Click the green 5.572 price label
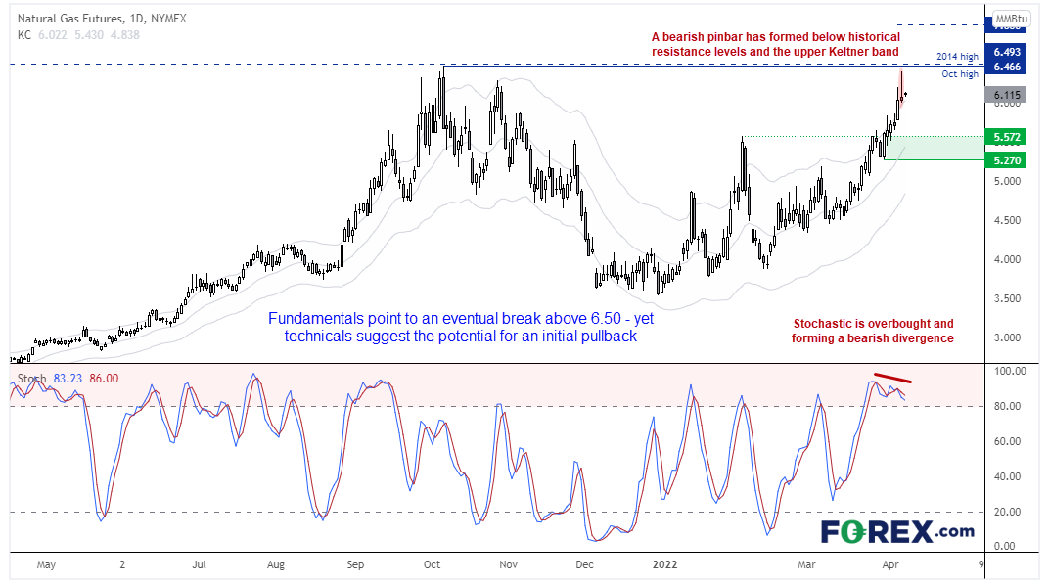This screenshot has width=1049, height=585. click(x=1006, y=136)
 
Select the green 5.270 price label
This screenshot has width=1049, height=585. click(x=1006, y=159)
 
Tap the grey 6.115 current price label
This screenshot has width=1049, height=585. click(x=1006, y=95)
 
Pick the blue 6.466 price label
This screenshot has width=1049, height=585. click(x=1006, y=66)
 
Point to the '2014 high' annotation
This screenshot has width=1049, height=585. click(x=955, y=58)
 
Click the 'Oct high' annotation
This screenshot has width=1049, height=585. click(x=959, y=74)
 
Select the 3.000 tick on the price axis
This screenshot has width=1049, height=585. click(x=1008, y=337)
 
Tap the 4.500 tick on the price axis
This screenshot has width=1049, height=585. click(x=1008, y=220)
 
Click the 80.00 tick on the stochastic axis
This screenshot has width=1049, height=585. click(x=1008, y=406)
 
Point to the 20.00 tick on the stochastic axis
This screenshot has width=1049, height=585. click(x=1008, y=512)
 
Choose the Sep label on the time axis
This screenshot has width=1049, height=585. click(x=355, y=564)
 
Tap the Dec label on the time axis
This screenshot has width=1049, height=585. click(x=583, y=564)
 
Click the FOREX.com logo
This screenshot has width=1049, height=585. click(x=896, y=531)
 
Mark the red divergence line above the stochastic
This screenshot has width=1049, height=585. click(x=892, y=378)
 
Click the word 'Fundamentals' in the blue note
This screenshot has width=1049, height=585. click(x=313, y=319)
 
